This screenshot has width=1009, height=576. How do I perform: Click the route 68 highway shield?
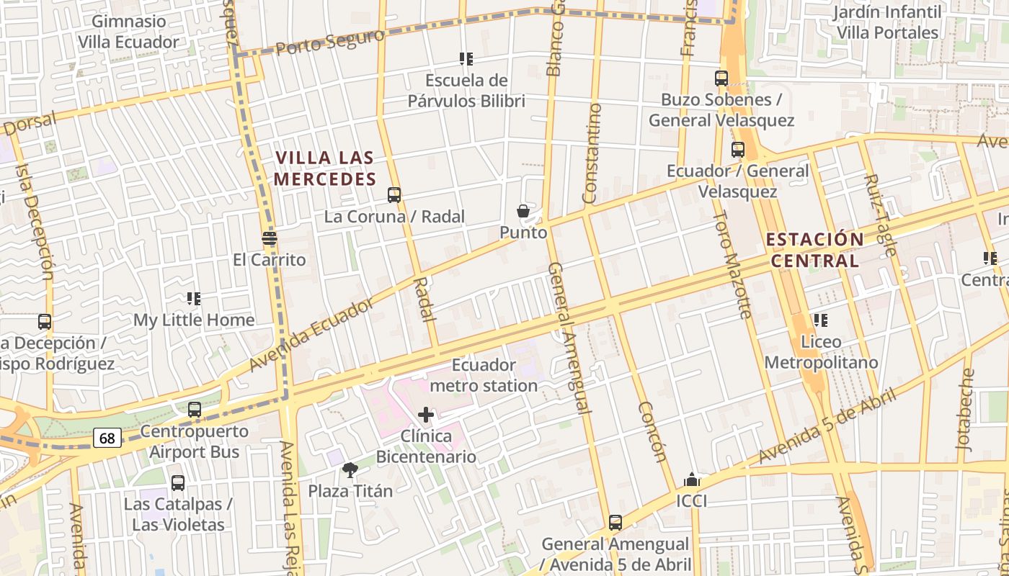coord(107,437)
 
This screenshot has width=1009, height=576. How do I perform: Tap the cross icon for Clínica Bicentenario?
coord(426,415)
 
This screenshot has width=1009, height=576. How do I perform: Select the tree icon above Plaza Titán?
coord(350,470)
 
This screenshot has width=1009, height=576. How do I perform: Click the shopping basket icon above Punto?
coord(523,211)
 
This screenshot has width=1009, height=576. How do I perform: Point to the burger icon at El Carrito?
coord(270,238)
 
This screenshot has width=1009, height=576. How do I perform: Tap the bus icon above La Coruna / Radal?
coord(394,194)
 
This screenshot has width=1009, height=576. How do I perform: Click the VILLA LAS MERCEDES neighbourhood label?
coord(326,168)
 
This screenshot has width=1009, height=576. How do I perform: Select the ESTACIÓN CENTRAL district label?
coord(814,250)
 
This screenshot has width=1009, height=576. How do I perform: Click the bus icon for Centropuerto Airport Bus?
coord(195,410)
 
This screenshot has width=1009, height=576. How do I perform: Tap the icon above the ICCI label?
coord(692,480)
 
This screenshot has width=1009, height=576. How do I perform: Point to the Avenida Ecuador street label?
coord(311,335)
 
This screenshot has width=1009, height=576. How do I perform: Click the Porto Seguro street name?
coord(329,42)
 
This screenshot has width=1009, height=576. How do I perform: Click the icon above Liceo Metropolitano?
coord(820,320)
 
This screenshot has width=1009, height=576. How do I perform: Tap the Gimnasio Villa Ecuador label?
coord(128,32)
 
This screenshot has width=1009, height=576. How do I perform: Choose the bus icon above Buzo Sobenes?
coord(721,78)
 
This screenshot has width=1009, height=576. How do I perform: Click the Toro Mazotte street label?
coord(733,264)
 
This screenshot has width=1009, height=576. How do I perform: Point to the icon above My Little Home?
coord(193,298)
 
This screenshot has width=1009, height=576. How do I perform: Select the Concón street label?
coord(651,431)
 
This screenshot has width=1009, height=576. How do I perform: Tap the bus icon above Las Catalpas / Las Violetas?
coord(178,482)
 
